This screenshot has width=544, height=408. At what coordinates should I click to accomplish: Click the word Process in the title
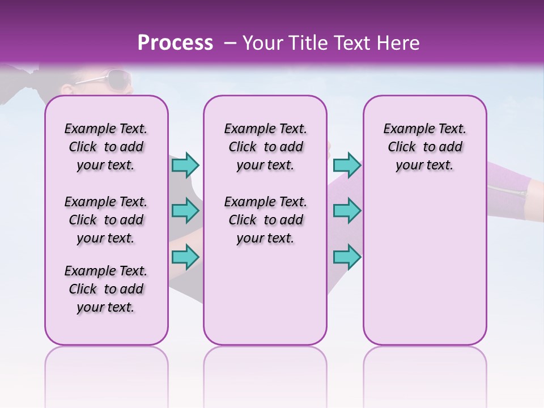pyautogui.click(x=175, y=43)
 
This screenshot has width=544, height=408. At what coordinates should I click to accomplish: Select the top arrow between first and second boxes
pyautogui.click(x=185, y=165)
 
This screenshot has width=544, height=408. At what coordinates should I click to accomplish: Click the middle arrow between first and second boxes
pyautogui.click(x=185, y=211)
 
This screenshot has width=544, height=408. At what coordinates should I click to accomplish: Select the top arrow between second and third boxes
pyautogui.click(x=347, y=165)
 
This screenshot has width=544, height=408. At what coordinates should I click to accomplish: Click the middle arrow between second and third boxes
pyautogui.click(x=347, y=211)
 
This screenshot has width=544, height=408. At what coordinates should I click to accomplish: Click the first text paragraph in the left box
pyautogui.click(x=106, y=147)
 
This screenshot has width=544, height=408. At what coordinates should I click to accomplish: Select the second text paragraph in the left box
pyautogui.click(x=106, y=220)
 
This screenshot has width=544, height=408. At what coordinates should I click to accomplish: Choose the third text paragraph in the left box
pyautogui.click(x=106, y=289)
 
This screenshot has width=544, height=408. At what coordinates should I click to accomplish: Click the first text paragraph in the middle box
pyautogui.click(x=265, y=147)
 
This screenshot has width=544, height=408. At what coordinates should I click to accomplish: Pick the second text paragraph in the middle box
pyautogui.click(x=265, y=220)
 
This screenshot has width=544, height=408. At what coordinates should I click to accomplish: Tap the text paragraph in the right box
pyautogui.click(x=424, y=147)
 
